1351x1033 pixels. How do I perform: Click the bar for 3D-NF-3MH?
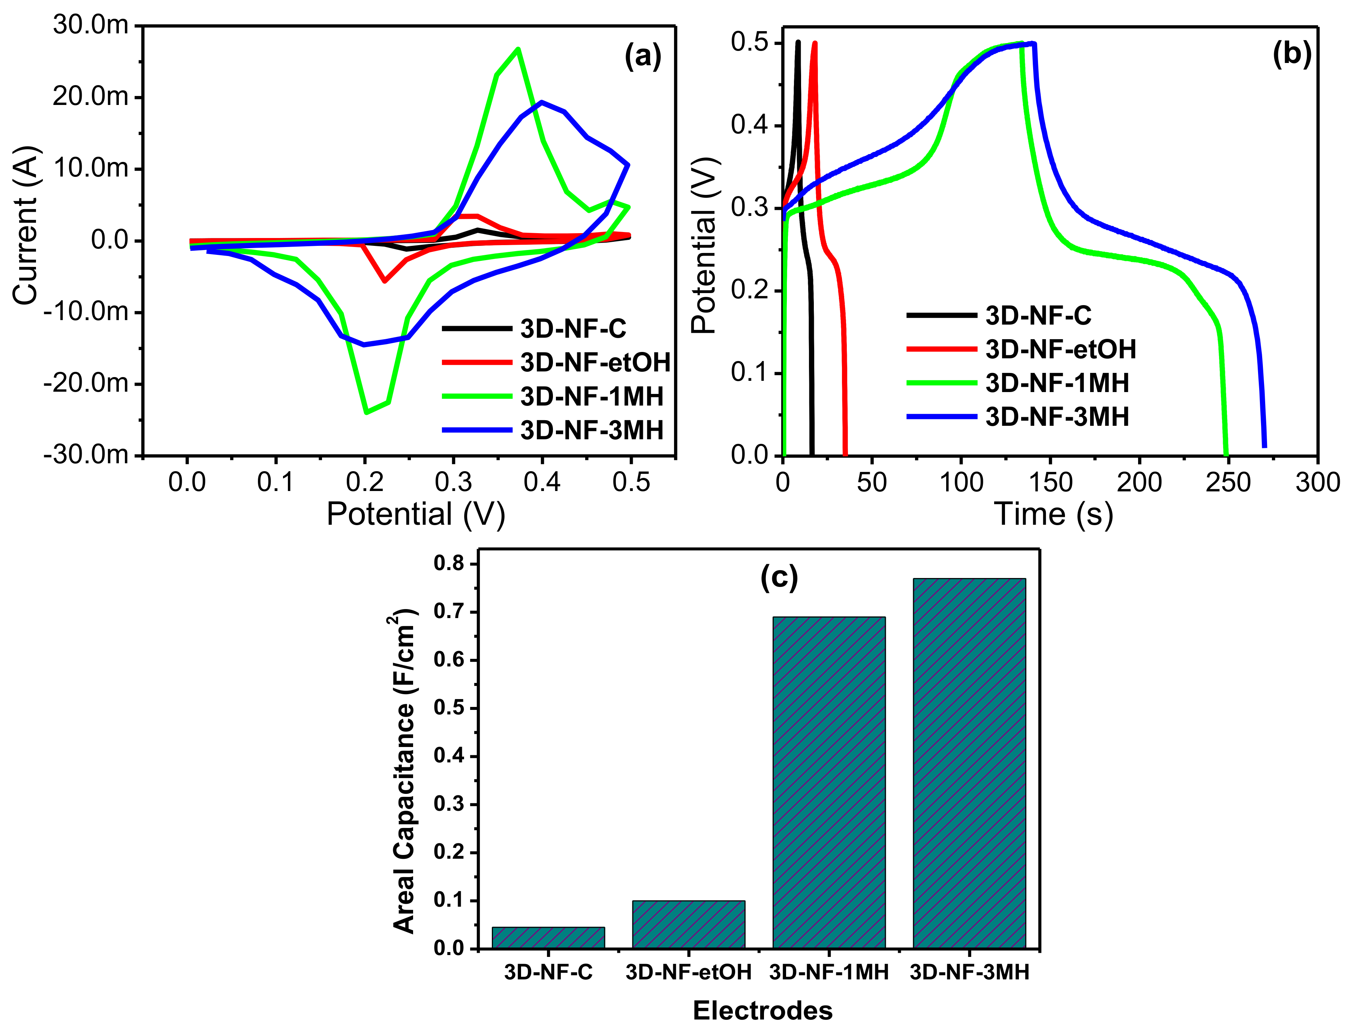tap(969, 762)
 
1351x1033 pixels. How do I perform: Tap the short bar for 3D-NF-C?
tap(548, 938)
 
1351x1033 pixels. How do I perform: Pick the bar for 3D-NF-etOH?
tap(688, 924)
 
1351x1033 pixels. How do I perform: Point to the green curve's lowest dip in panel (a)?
tap(367, 412)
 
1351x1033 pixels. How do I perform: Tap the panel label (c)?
tap(779, 578)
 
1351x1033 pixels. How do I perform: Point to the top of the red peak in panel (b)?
tap(815, 43)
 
